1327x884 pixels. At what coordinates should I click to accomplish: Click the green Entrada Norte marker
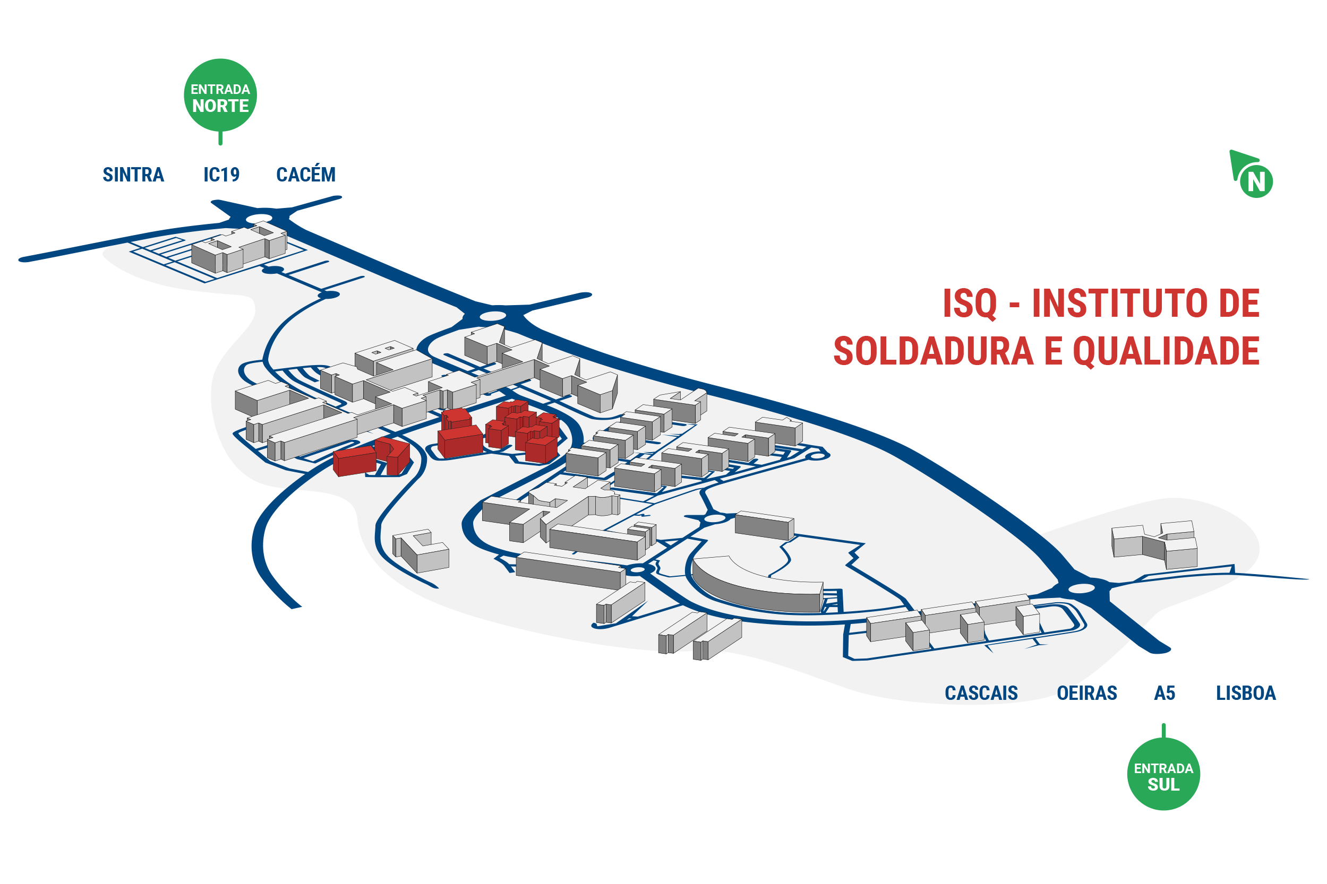220,96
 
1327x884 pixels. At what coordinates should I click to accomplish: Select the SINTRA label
133,175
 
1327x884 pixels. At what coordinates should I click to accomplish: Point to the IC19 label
221,175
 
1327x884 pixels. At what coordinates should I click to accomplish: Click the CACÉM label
306,174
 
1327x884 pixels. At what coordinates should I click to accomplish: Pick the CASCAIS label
981,693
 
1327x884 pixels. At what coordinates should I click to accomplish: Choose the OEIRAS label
1086,693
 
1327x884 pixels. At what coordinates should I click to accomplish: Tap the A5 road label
1165,693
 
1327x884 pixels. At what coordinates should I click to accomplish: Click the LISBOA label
1246,693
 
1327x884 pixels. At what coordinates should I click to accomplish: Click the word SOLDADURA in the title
934,351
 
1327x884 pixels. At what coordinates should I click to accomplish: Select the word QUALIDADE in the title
1166,351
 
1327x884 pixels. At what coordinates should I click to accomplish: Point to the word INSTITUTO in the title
1120,304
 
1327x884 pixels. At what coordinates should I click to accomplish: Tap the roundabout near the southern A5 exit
1082,588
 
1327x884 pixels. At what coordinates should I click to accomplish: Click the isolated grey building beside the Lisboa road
1154,544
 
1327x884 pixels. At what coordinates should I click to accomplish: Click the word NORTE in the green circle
220,106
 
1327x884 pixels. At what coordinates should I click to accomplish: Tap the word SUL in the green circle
1163,784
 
